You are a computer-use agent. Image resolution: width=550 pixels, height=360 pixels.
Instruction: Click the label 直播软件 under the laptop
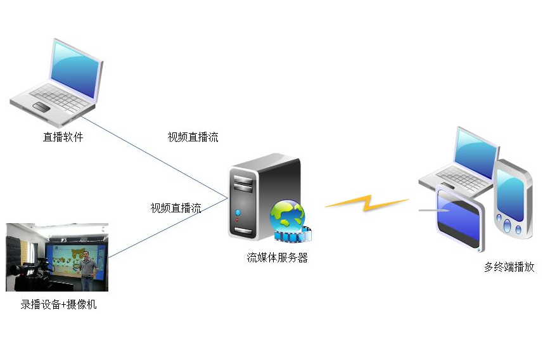[63, 137]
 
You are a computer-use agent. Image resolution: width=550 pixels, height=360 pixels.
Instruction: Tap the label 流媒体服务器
[277, 258]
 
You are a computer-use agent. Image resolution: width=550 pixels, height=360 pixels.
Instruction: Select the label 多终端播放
[509, 267]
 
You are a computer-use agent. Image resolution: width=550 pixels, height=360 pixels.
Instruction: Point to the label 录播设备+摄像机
[58, 304]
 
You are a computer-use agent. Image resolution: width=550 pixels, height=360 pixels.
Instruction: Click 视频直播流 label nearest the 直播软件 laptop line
[193, 137]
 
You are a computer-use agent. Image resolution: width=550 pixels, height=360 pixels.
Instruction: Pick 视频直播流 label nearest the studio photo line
[176, 208]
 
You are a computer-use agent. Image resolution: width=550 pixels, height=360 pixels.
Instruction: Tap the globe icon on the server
[286, 215]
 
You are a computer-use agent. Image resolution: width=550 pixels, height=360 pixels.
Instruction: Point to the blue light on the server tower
[238, 212]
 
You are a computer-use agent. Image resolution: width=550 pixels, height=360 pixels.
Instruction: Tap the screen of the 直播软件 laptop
[76, 69]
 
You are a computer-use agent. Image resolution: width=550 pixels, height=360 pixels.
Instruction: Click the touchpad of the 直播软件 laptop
[41, 105]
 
